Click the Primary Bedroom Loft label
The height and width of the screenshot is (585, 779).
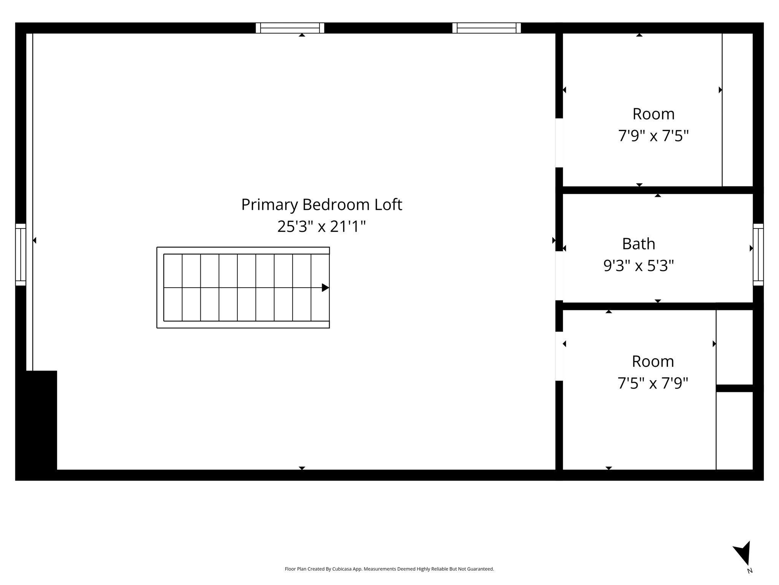tap(321, 205)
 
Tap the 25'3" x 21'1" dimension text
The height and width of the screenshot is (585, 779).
tap(321, 227)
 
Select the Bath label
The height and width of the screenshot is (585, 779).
tap(639, 244)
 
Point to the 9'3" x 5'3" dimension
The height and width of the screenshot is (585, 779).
tap(639, 265)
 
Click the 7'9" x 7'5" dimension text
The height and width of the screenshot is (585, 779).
tap(653, 136)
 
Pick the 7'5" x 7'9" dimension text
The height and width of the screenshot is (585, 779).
tap(653, 383)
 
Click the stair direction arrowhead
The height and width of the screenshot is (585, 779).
tap(326, 288)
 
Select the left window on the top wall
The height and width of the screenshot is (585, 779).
tap(290, 28)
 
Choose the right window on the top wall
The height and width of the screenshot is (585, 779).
tap(486, 28)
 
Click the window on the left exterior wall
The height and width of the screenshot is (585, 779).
tap(21, 254)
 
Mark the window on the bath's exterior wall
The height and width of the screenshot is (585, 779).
tap(758, 254)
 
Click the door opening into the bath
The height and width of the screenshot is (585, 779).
tap(559, 276)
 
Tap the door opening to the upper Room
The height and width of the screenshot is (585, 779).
tap(559, 143)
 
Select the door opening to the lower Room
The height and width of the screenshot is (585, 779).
tap(559, 356)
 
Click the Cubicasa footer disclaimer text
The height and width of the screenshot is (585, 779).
tap(389, 569)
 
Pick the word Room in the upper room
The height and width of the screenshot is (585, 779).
tap(653, 114)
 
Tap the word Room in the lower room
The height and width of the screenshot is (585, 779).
tap(653, 361)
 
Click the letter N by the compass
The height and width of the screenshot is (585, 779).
tap(750, 571)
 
